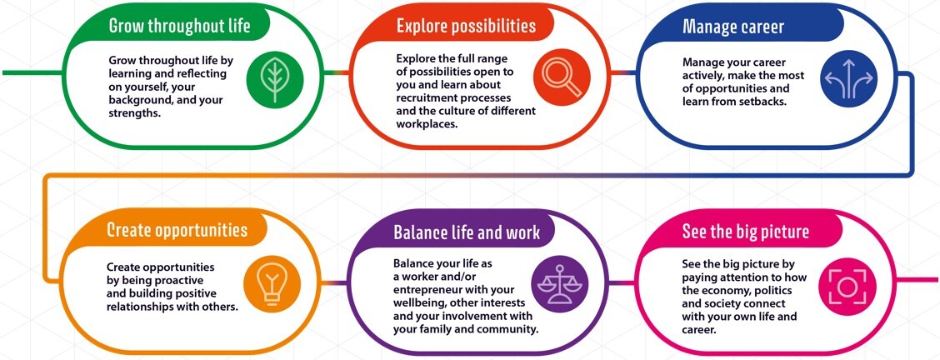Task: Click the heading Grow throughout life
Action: [179, 26]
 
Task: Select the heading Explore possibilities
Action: [466, 26]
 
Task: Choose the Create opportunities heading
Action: [177, 230]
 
